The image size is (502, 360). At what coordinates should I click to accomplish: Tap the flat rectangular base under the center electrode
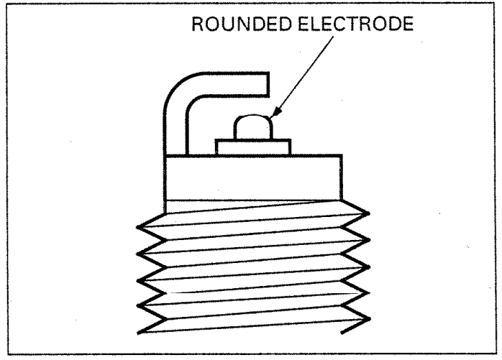(x=252, y=147)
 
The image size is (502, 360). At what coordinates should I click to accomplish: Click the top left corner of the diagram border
(x=5, y=5)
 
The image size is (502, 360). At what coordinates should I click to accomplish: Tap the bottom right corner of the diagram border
(x=497, y=354)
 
